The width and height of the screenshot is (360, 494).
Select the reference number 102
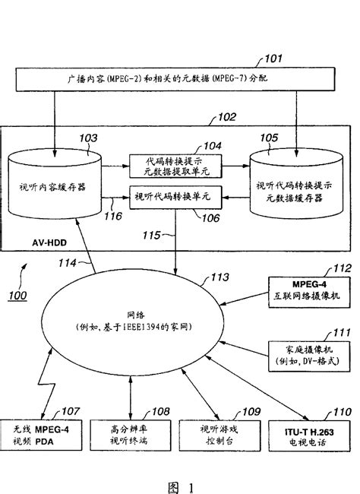pyautogui.click(x=226, y=118)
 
